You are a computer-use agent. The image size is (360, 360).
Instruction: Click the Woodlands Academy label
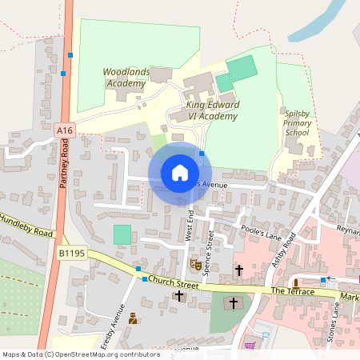coord(126,77)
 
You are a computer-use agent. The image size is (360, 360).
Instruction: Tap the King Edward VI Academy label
coord(212,110)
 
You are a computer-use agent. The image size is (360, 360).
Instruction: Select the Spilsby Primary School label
coord(297,123)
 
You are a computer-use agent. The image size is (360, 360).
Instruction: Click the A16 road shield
coord(65,130)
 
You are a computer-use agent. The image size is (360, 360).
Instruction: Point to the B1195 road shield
coord(71,253)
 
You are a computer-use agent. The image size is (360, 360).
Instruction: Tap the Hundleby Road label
coord(26,225)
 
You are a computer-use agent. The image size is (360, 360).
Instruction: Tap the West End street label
coord(190,226)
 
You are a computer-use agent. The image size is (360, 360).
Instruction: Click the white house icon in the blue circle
coord(179,173)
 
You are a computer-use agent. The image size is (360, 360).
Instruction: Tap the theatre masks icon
coord(194,262)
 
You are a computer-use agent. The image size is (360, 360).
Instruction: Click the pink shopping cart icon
coord(250,346)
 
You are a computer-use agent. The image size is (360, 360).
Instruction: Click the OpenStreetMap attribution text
coord(80,354)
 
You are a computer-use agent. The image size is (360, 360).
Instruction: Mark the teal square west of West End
coord(122,234)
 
